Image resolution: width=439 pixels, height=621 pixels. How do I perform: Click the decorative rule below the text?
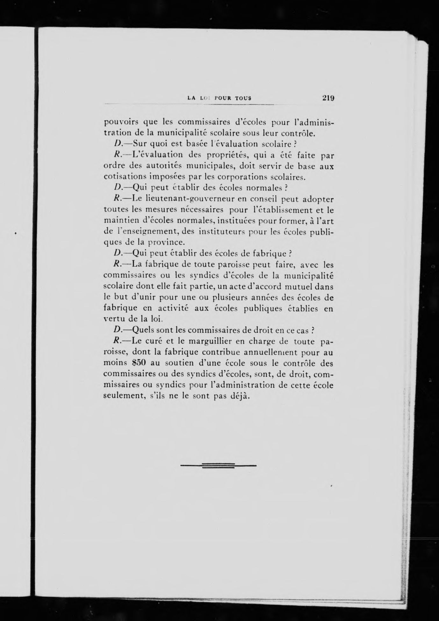(x=218, y=466)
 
